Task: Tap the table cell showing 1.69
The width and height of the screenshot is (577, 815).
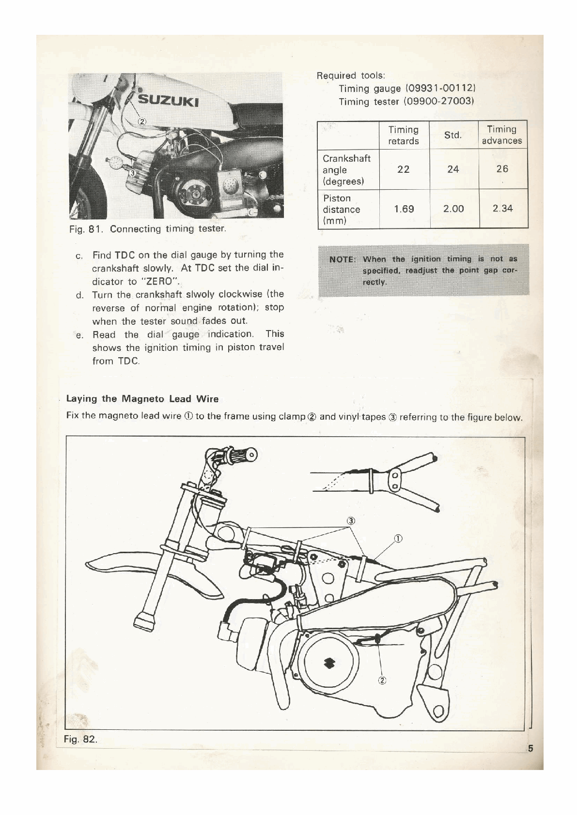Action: tap(404, 209)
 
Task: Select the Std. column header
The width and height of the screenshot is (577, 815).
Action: tap(453, 135)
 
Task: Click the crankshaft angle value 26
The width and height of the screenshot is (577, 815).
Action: tap(502, 169)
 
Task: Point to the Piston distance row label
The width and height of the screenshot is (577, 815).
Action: tap(341, 210)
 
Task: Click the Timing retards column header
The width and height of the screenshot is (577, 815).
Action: tap(403, 135)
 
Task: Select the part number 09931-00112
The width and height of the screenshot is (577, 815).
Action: tap(441, 89)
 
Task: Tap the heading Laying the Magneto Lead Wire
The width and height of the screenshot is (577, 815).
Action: tap(142, 399)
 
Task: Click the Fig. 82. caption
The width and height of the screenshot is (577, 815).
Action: tap(80, 740)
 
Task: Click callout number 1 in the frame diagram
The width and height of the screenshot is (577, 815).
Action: tap(397, 538)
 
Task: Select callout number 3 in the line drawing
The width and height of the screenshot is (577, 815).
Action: tap(352, 521)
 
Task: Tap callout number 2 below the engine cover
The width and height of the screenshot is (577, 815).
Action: tap(382, 680)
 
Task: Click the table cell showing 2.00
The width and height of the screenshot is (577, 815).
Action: tap(453, 209)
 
